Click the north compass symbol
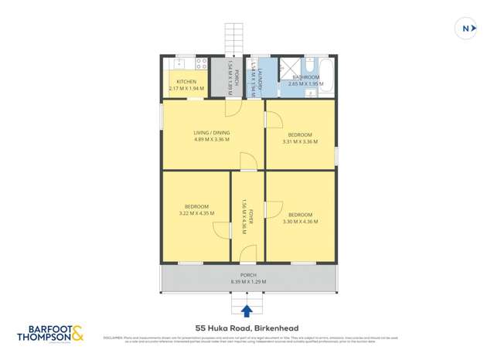tap(466, 28)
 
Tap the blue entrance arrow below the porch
tap(247, 311)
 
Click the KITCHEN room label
tap(186, 82)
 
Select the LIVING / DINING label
tap(211, 133)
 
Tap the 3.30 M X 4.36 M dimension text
tap(300, 222)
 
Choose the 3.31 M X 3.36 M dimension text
tap(300, 141)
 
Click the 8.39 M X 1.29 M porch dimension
tap(248, 282)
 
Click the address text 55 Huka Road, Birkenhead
tap(247, 328)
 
